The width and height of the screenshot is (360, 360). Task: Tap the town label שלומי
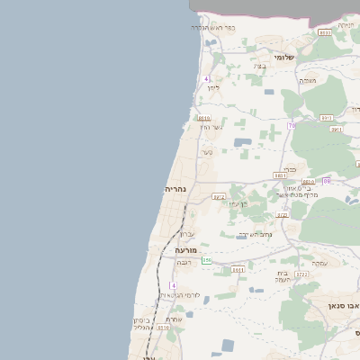pos(284,57)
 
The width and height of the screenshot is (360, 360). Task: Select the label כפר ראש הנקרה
pos(213,27)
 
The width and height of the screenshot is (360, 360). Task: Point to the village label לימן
pos(212,87)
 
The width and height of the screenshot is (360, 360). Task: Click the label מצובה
pos(308,80)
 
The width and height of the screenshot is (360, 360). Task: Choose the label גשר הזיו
pos(210,127)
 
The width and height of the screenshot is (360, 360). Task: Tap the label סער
pos(207,152)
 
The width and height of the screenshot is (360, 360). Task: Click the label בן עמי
pos(237,203)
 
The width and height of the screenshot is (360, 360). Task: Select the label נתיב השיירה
pos(255,235)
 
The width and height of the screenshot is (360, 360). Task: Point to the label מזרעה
pos(185,249)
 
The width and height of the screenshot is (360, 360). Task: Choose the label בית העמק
pos(283,276)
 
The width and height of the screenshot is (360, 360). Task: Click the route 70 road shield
pos(292,125)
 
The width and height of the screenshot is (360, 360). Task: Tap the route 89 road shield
pos(327,181)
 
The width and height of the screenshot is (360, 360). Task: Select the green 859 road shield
pos(206,260)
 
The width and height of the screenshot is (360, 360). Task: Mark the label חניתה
pos(346,25)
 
